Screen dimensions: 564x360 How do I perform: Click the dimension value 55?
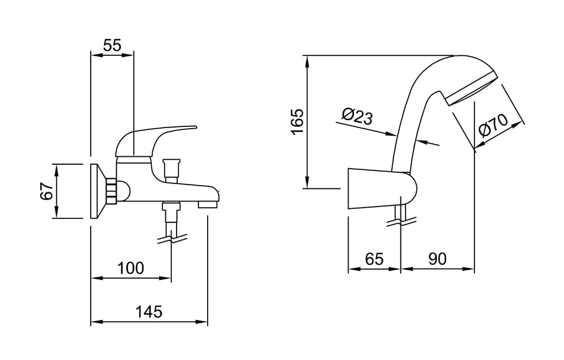tap(112, 46)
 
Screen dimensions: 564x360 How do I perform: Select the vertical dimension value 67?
tap(47, 191)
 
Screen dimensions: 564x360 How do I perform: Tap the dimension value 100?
tap(131, 268)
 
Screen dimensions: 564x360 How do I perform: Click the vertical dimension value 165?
tap(298, 121)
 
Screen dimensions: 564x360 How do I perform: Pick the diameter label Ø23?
tap(357, 116)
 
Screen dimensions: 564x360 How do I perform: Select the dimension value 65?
tap(374, 259)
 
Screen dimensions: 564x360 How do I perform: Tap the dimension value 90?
tap(438, 259)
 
